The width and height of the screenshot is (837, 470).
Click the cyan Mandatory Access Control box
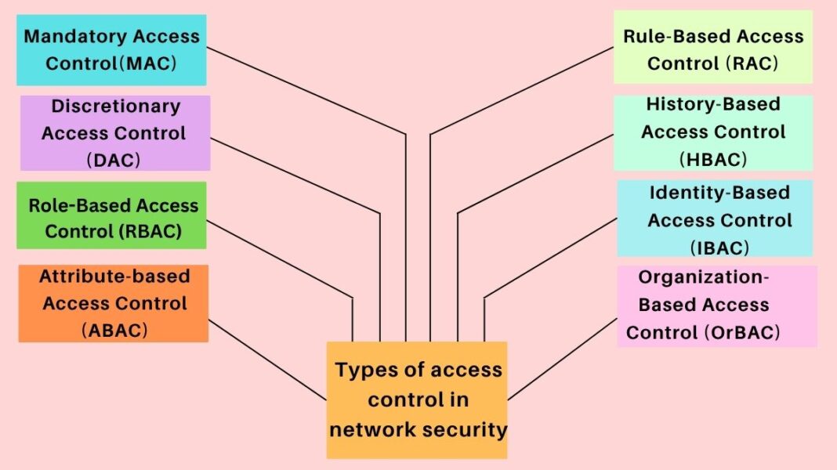click(111, 49)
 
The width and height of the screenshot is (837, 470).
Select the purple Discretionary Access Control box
click(114, 132)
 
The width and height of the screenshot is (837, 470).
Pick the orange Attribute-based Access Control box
click(114, 303)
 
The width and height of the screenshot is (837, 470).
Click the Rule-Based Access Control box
click(712, 46)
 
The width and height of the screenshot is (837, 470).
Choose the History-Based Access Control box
click(712, 132)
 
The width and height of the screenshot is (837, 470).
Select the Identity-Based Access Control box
click(715, 218)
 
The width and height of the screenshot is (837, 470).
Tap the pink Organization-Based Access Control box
click(716, 305)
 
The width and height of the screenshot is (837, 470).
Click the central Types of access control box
click(417, 399)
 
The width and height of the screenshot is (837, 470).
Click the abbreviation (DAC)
click(114, 159)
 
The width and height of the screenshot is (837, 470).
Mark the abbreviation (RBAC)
click(153, 231)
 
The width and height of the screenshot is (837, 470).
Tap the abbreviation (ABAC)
click(114, 330)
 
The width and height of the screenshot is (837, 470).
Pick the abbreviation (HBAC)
click(713, 159)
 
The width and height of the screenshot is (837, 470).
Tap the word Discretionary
click(116, 106)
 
